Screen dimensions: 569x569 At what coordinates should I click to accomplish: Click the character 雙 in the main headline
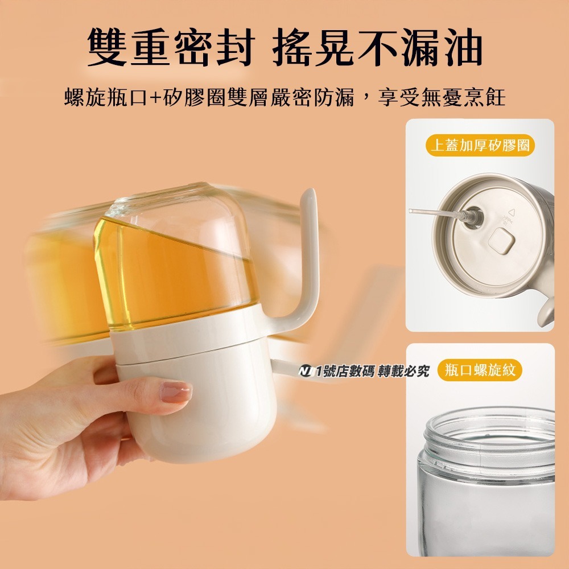(107, 47)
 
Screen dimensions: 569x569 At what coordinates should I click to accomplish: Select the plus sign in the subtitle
(155, 98)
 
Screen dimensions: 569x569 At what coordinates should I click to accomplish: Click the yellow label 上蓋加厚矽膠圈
(480, 145)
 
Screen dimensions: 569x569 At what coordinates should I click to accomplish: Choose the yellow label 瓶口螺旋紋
(480, 370)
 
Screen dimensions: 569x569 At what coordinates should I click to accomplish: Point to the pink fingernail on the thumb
(176, 392)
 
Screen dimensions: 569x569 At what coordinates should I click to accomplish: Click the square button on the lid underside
(501, 241)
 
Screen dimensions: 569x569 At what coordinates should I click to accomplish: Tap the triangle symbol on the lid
(512, 212)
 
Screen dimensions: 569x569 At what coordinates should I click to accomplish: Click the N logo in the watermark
(306, 371)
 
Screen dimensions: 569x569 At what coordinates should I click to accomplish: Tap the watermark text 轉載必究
(403, 371)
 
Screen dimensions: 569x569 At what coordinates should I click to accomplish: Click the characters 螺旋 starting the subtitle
(86, 97)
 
